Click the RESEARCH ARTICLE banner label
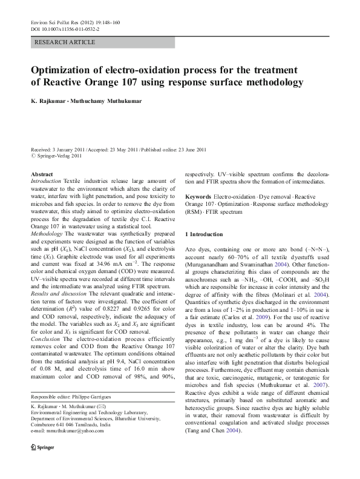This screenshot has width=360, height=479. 65,42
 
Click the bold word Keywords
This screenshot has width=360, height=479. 198,197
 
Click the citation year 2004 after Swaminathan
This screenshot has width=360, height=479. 277,264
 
